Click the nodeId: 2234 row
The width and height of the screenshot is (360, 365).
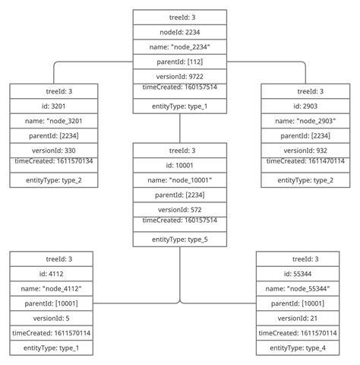click(x=179, y=32)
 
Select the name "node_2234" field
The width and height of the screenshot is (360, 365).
click(x=179, y=46)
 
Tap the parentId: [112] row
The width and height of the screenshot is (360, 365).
click(x=179, y=62)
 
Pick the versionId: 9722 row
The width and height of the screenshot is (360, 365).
click(x=179, y=76)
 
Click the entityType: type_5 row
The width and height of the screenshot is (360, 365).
click(x=179, y=239)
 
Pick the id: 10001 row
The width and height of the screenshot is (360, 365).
click(x=179, y=165)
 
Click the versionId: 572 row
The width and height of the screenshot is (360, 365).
click(x=179, y=209)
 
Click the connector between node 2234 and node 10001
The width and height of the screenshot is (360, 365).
click(x=180, y=128)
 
